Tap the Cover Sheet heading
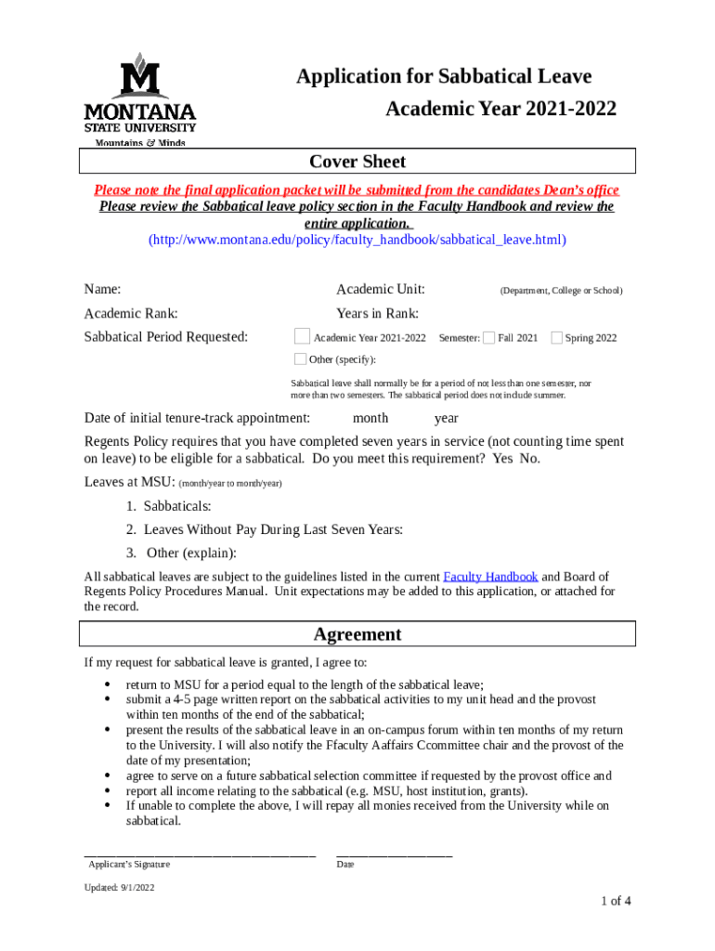357,162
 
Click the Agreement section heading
357,634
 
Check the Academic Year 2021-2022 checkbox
302,336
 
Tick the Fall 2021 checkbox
489,337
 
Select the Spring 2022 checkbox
556,337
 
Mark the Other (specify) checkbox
300,359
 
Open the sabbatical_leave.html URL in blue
357,240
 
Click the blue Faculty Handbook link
490,577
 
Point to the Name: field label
102,290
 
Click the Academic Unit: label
381,290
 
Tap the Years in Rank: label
377,314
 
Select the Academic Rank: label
131,314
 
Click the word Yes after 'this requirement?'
502,459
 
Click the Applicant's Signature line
200,853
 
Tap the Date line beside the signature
394,853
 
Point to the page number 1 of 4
616,900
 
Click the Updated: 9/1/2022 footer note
119,888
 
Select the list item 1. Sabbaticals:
169,506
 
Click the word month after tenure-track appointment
370,418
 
